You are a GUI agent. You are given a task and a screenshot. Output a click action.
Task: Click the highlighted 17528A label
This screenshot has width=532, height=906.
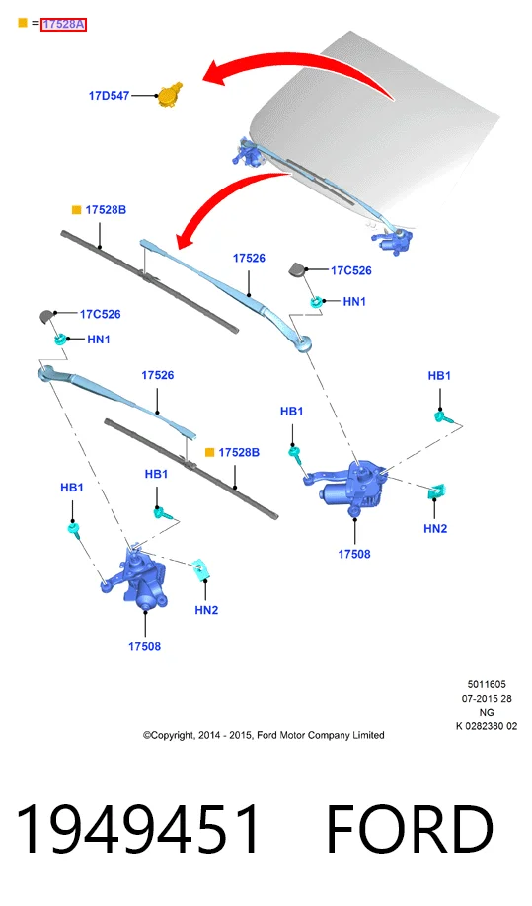[x=63, y=25]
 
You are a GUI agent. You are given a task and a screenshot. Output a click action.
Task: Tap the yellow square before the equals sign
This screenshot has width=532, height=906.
[x=23, y=23]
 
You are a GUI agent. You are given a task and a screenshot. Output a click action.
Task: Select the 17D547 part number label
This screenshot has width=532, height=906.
[x=109, y=96]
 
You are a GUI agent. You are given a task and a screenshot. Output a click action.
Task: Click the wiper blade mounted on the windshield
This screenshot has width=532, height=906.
[x=321, y=181]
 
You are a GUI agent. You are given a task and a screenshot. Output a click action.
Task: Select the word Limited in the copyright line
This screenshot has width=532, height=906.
[x=369, y=735]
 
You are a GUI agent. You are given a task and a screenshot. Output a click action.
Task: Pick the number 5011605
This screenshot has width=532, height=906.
[x=487, y=684]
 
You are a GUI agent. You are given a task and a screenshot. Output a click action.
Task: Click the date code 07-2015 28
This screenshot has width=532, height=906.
[x=487, y=698]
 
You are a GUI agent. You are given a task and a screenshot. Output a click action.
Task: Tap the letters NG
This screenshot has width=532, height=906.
[x=487, y=712]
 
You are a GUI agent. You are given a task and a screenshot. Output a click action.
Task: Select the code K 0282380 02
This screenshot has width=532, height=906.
[x=487, y=726]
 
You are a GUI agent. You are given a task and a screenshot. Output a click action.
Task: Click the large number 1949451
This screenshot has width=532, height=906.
[x=137, y=829]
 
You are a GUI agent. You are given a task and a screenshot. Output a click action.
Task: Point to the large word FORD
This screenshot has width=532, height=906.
[x=411, y=829]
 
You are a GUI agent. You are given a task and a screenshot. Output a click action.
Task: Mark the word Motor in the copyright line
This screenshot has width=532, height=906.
[x=292, y=735]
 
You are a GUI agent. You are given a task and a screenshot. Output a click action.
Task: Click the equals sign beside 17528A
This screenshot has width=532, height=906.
[x=35, y=23]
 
